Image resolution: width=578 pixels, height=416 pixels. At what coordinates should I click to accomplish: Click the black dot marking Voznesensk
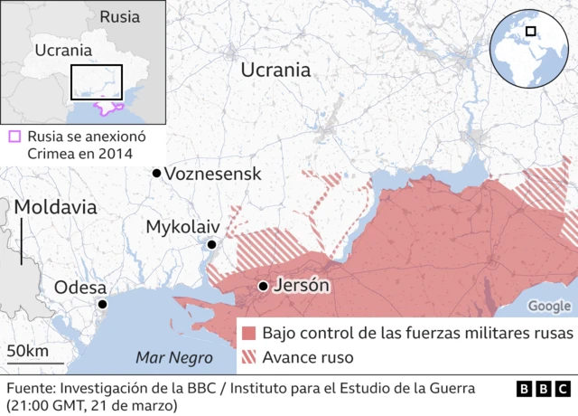pos(157,173)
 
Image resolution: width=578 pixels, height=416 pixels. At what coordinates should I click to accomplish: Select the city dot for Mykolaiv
pos(211,244)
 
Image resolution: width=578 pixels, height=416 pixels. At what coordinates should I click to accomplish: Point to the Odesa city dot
pos(103,305)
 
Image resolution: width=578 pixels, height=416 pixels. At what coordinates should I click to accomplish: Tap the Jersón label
pos(301,286)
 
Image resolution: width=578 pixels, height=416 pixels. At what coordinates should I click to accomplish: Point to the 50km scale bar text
pos(27,351)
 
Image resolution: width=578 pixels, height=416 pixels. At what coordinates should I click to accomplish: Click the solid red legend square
pos(249,333)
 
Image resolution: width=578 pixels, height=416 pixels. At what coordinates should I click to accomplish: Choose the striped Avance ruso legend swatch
pos(249,357)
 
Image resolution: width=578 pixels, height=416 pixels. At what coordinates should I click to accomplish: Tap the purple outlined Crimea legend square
pos(14,137)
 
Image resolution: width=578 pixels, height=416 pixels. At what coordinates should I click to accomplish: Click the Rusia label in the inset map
pos(119,16)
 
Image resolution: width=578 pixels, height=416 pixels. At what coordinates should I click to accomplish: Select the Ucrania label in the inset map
pos(63,51)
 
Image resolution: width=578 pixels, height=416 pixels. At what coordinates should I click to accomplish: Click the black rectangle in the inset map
pos(97,82)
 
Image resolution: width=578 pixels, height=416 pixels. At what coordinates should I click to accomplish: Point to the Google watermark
pos(549,307)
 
